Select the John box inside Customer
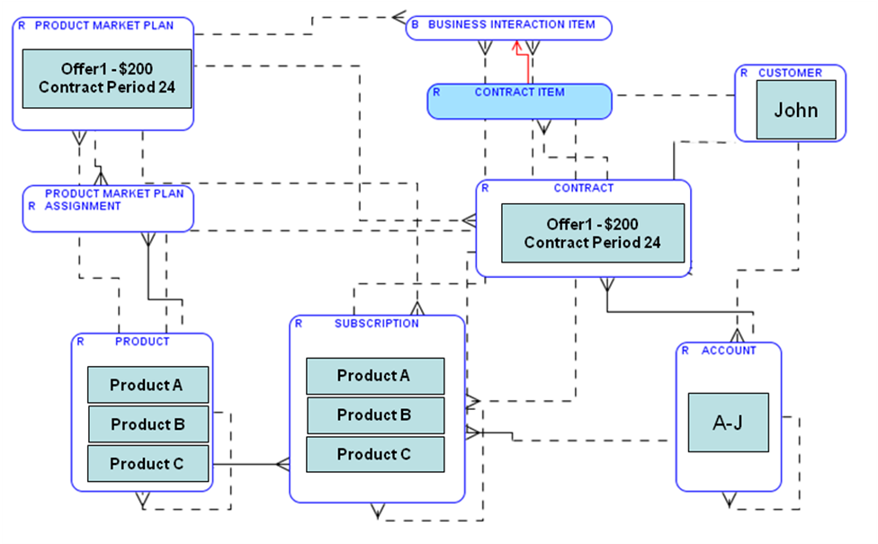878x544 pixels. [796, 110]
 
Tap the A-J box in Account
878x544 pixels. [728, 423]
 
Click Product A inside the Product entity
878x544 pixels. [148, 385]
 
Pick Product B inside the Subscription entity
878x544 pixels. [375, 415]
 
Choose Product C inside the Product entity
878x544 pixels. [148, 464]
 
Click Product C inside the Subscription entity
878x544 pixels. [375, 455]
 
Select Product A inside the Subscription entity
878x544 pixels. [375, 376]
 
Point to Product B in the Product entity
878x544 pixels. [148, 424]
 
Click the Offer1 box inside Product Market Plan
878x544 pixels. [106, 78]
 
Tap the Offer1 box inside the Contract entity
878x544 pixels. [593, 233]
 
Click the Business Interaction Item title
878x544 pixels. [511, 25]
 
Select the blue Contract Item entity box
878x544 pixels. [519, 102]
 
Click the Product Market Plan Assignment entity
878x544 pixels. [108, 208]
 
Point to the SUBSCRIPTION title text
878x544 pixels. [376, 324]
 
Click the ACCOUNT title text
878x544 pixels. [729, 351]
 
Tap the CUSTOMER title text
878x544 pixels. [790, 73]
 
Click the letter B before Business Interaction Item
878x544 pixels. [415, 25]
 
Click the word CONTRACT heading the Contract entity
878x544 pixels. [583, 188]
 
